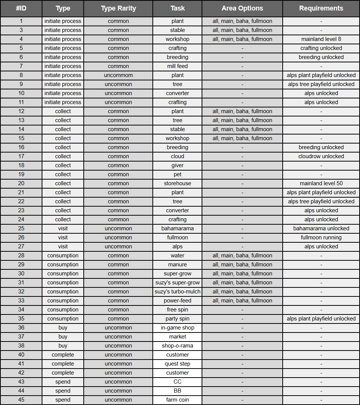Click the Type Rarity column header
tap(118, 8)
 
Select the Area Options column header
tap(242, 8)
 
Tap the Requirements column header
tap(321, 8)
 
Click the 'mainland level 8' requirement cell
tap(321, 39)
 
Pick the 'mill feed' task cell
tap(177, 66)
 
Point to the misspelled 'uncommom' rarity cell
tap(118, 75)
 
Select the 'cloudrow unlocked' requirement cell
tap(321, 156)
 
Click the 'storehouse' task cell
tap(177, 183)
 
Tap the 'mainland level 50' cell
tap(321, 183)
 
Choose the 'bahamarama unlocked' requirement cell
tap(321, 228)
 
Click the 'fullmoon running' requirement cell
tap(321, 237)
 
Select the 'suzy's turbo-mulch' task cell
tap(177, 292)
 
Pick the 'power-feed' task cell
tap(177, 301)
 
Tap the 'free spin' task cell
tap(177, 310)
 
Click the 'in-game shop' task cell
tap(177, 328)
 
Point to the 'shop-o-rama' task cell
tap(177, 346)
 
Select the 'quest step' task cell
tap(177, 364)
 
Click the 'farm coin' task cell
tap(177, 400)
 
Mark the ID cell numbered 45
tap(21, 400)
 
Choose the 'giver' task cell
tap(177, 165)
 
